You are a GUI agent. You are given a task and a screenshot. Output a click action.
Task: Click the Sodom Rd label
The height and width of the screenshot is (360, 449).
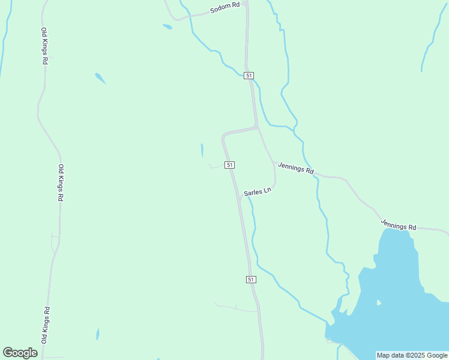(x=225, y=8)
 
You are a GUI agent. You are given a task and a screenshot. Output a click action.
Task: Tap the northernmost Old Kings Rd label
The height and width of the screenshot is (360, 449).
(x=44, y=46)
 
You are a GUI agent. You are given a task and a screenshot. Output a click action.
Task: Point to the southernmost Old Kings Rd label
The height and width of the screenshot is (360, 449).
(x=46, y=325)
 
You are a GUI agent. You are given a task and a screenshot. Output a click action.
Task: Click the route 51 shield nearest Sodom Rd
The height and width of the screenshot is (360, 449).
(x=249, y=76)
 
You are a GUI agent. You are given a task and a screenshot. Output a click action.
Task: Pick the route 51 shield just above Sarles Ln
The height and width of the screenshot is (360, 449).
(x=229, y=164)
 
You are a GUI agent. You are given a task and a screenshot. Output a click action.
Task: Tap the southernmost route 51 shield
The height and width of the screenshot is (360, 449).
(x=251, y=280)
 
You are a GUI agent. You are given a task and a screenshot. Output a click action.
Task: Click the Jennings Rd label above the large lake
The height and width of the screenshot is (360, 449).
(x=399, y=225)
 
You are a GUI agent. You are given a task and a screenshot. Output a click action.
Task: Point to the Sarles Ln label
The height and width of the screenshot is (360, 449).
(x=258, y=192)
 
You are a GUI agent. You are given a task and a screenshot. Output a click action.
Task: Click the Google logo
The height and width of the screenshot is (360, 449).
(x=20, y=353)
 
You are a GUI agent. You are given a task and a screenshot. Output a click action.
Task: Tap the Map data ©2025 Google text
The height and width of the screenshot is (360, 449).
(x=412, y=355)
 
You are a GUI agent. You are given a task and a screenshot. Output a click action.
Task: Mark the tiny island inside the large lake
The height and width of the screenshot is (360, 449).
(x=378, y=302)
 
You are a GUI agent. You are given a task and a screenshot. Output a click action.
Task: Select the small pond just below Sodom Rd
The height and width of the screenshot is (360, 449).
(x=167, y=26)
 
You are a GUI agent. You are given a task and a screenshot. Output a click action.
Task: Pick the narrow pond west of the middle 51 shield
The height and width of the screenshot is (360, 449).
(x=202, y=149)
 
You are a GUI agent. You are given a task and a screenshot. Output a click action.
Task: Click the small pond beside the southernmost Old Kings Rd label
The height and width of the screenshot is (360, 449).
(x=97, y=334)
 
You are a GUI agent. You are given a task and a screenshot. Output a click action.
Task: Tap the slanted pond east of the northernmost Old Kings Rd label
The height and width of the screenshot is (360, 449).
(x=100, y=78)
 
